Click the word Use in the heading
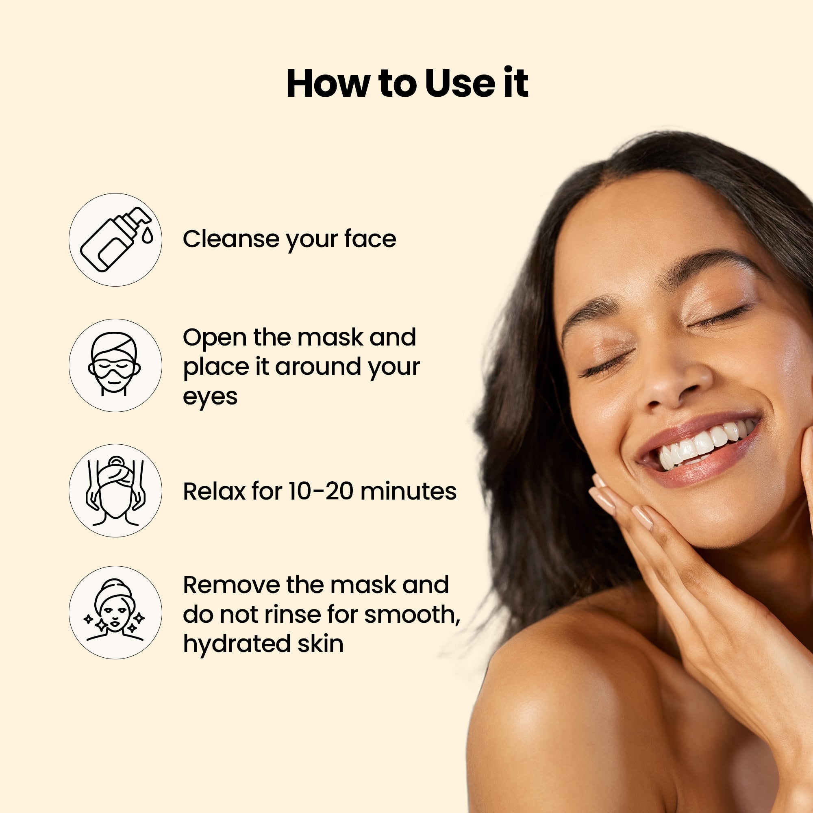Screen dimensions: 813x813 click(461, 83)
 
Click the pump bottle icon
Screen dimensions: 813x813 click(115, 240)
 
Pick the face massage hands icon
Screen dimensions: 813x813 click(115, 490)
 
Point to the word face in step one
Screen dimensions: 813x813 click(370, 239)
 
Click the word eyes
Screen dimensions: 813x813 click(210, 397)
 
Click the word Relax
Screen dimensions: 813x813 click(214, 491)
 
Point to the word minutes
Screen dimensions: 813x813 click(408, 491)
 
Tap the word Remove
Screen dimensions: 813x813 click(231, 585)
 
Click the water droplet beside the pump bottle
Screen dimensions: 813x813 click(147, 236)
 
